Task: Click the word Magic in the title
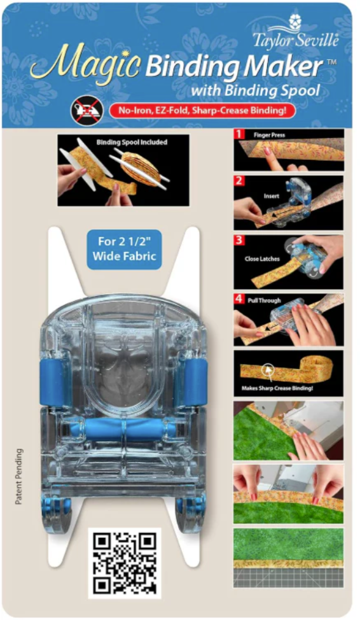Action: click(85, 64)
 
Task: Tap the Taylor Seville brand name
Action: click(296, 40)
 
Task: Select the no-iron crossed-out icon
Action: click(87, 111)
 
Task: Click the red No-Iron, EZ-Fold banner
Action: click(202, 111)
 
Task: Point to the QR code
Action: click(125, 563)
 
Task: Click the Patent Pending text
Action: click(19, 476)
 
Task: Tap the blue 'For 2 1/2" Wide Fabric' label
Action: click(124, 249)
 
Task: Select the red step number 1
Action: click(239, 134)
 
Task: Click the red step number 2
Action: click(239, 181)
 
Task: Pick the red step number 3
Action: click(239, 240)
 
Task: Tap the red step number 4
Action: click(239, 299)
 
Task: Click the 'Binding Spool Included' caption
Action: click(132, 142)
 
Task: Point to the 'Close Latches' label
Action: click(262, 259)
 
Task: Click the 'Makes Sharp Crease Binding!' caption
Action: click(277, 388)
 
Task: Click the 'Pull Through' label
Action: click(264, 300)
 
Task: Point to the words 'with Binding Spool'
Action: click(255, 90)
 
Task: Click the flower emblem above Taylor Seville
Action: click(294, 20)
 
